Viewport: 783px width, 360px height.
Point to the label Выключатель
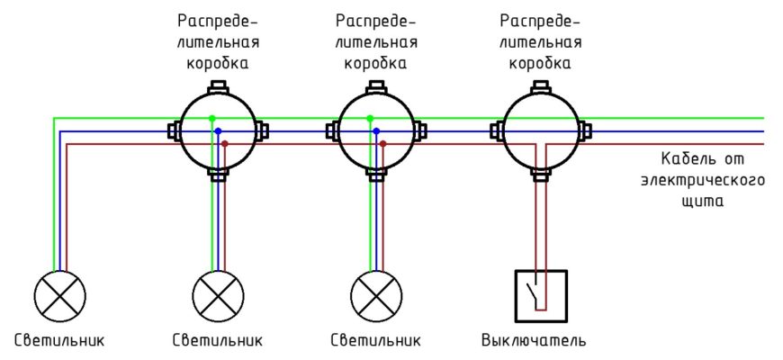534,341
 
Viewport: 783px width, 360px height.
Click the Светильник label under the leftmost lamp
60,341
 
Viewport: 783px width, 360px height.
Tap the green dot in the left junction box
211,118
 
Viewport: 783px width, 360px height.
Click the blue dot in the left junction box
218,131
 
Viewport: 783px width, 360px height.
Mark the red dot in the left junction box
225,144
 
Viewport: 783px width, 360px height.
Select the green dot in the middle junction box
369,118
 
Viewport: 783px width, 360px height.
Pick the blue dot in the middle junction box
376,131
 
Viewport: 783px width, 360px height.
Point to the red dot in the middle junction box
382,144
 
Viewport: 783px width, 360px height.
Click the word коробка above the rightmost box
540,64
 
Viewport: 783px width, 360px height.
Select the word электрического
703,181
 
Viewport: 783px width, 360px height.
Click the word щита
703,202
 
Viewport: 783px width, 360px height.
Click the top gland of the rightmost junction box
540,86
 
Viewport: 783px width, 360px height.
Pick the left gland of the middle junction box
330,131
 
